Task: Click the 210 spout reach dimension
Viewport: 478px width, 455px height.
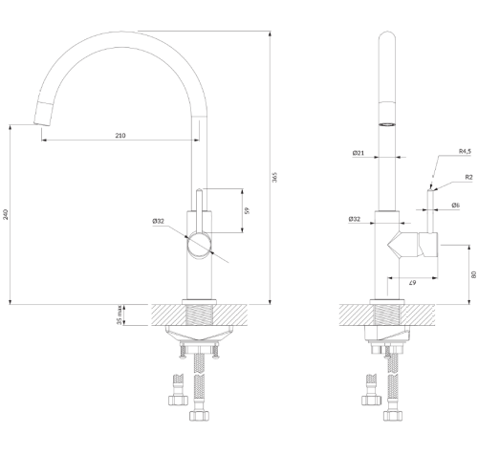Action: click(120, 136)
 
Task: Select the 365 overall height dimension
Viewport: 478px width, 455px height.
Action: click(274, 177)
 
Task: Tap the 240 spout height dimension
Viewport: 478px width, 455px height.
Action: click(6, 214)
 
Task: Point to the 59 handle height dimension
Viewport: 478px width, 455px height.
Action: click(248, 210)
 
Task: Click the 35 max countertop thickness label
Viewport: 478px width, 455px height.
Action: click(119, 315)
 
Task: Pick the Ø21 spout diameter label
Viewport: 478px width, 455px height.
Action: click(358, 153)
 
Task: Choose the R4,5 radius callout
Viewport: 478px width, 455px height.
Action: click(465, 151)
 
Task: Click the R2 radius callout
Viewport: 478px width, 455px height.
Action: click(468, 177)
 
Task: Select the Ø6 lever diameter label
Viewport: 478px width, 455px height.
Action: click(456, 206)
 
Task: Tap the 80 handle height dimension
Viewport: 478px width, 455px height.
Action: click(473, 274)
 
